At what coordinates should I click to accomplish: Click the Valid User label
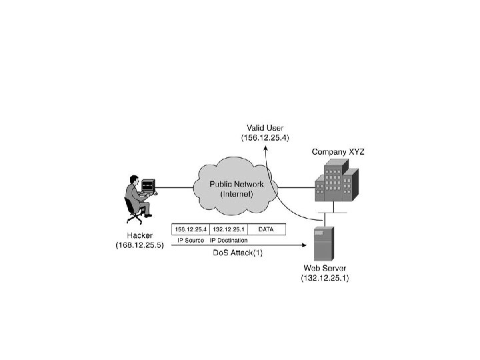(265, 127)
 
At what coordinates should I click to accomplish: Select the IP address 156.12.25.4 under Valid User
(265, 137)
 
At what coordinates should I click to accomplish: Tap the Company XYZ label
(338, 152)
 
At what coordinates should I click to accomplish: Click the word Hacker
(139, 235)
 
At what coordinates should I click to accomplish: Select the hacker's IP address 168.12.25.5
(139, 245)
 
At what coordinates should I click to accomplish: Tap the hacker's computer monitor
(148, 185)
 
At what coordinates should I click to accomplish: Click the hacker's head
(134, 179)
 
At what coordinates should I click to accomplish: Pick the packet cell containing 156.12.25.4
(191, 229)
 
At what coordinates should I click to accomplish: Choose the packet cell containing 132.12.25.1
(229, 229)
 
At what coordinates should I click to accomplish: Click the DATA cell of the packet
(267, 229)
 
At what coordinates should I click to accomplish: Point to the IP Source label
(191, 240)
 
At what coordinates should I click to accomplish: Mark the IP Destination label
(229, 240)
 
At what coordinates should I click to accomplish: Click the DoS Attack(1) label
(238, 253)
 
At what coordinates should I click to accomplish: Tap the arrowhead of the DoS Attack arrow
(304, 245)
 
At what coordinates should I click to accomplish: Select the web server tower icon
(324, 244)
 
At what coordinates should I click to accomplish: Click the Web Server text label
(325, 268)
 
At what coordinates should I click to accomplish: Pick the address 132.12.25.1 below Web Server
(325, 278)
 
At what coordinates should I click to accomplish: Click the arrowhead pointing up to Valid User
(266, 149)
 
